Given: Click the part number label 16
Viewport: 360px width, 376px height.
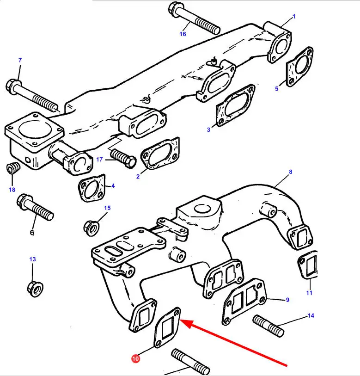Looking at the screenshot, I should tap(183, 34).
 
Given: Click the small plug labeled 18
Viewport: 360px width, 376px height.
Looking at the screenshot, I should tap(13, 170).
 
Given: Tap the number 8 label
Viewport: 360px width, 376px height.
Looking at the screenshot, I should tap(290, 172).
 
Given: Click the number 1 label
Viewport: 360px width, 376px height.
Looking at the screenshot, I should tap(293, 17).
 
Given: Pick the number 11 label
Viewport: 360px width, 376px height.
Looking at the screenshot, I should tap(309, 292).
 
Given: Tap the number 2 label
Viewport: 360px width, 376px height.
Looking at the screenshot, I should tap(138, 177).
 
